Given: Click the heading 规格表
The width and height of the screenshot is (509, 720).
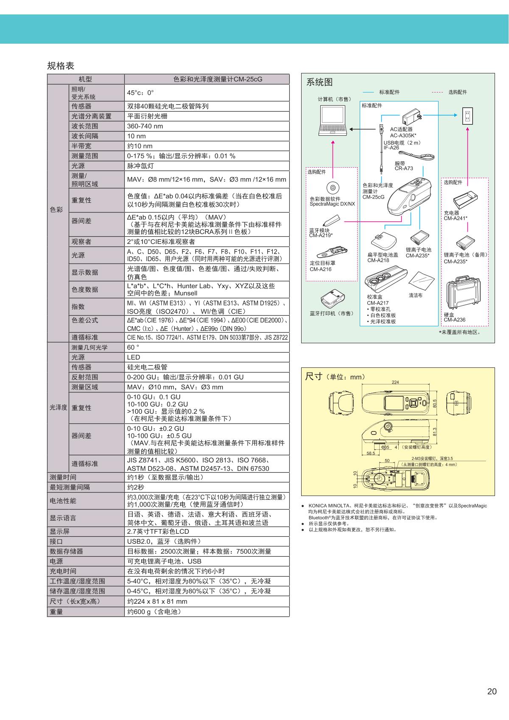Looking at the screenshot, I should point(61,66).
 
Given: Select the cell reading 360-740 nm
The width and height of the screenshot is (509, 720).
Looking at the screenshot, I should point(145,126).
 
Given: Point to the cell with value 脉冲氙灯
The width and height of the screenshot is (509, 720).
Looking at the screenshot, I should point(140,166).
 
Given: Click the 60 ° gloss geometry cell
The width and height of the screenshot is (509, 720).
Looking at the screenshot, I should point(133,347).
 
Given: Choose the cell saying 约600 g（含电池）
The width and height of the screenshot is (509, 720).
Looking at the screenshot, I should point(154,612).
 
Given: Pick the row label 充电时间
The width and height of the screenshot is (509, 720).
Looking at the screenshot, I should point(63,572).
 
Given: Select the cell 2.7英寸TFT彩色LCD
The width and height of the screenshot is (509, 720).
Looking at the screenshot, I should point(158,532).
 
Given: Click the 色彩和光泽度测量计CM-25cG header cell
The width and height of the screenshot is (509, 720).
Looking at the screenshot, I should point(207,79).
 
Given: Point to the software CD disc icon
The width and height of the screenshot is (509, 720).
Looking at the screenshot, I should point(333,188).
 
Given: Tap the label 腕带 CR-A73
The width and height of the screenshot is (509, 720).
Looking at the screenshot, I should point(403,165).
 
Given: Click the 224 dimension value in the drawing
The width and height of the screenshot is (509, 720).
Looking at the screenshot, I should point(395,382).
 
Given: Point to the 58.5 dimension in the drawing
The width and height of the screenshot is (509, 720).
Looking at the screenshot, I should point(370,453).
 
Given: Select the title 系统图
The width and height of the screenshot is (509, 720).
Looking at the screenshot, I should point(319,82).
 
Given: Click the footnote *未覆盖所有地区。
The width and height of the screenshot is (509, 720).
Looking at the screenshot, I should point(461,332).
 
